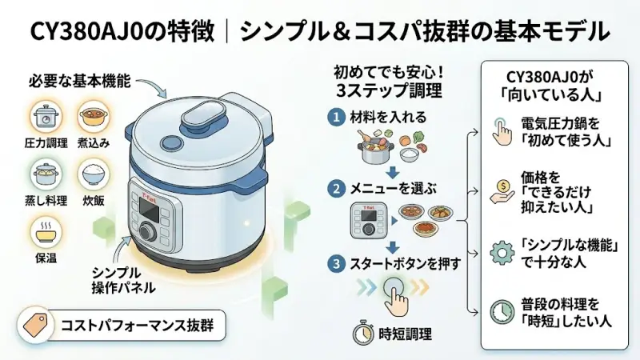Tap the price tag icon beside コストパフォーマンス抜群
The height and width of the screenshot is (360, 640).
pos(34,326)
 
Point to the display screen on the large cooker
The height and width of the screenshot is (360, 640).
pos(149,206)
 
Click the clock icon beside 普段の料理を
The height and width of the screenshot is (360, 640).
pos(502,312)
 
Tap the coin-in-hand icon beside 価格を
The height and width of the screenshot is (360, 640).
pos(502,193)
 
